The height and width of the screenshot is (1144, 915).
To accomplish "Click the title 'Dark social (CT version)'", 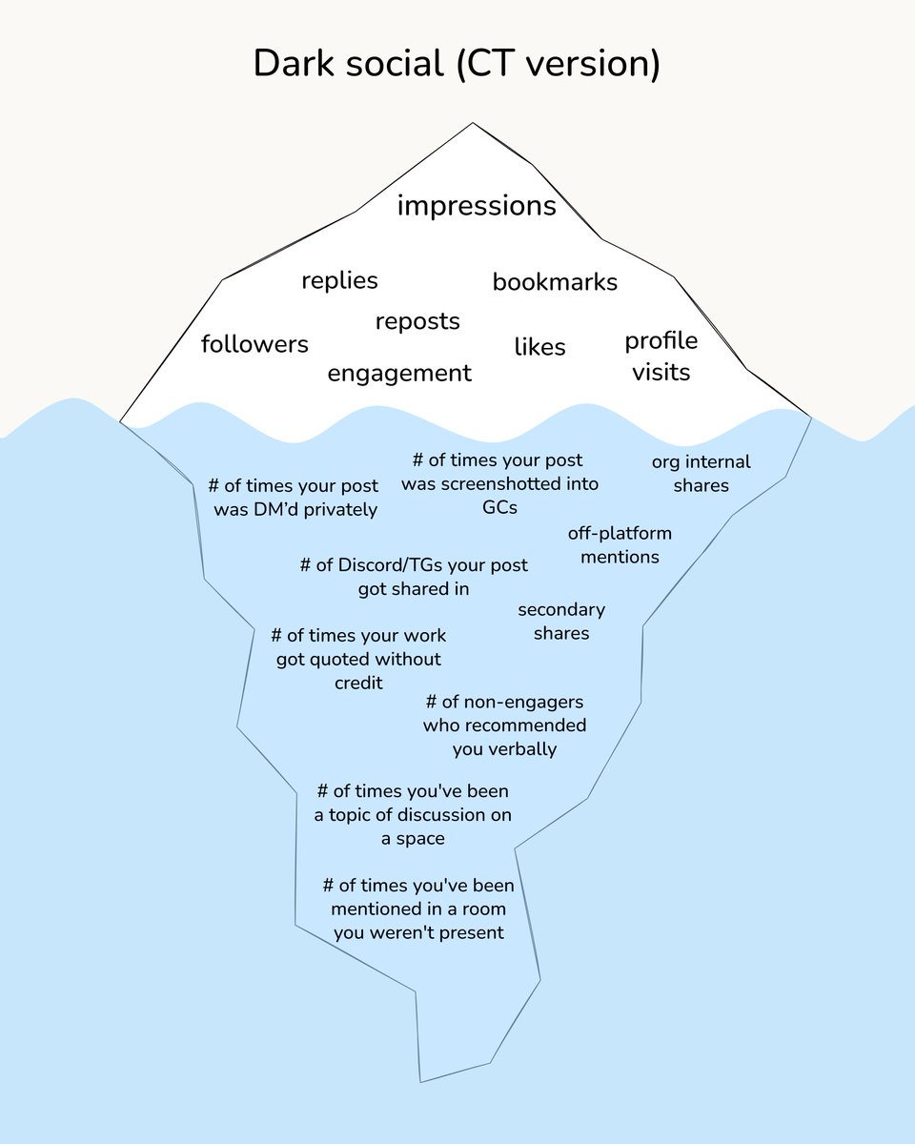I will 457,64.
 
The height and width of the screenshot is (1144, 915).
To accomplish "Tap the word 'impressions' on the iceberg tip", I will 477,205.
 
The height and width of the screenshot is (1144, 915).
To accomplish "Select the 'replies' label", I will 339,280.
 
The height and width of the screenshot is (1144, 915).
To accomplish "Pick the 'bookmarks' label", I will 555,282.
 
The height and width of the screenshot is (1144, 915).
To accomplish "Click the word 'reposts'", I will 417,321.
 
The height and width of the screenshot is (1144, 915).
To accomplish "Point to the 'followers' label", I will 254,344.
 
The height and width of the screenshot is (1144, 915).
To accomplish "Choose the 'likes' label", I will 539,347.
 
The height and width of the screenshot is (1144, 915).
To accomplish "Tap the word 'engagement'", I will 399,374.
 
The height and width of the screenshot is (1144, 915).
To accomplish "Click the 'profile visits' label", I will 661,356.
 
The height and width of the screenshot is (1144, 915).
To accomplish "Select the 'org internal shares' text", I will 701,474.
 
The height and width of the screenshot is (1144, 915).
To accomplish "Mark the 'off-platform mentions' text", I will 620,544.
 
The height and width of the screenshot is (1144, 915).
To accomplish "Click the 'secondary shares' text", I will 561,622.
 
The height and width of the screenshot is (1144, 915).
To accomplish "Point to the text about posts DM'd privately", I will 295,498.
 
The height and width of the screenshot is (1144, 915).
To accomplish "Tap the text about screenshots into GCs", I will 499,483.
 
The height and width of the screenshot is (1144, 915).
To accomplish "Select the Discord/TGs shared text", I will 414,577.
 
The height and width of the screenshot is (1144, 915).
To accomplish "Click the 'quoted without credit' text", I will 358,659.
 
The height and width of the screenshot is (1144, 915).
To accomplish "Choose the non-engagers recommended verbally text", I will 504,725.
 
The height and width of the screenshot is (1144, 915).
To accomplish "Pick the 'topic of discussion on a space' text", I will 413,815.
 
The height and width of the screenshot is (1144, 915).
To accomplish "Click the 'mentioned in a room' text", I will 418,909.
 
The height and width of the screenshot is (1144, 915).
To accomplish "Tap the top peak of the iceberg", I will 472,124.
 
